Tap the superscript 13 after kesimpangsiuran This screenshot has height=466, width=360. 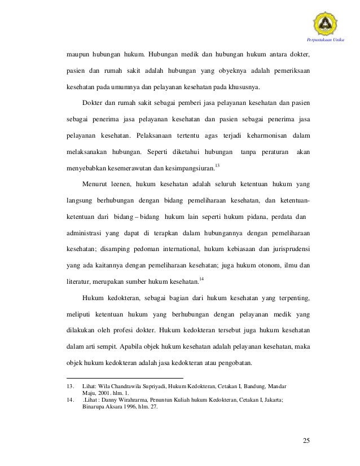pos(218,165)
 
